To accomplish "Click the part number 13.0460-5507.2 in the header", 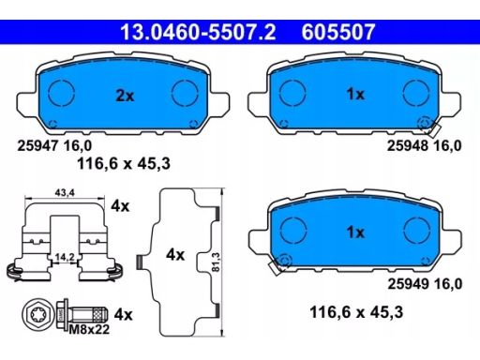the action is coord(198,32).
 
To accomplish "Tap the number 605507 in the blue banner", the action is coord(338,32).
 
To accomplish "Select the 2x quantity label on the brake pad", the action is coord(125,96).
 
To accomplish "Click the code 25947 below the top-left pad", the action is coord(37,145).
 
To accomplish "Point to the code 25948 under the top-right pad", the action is coord(408,145).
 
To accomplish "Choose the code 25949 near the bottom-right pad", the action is coord(408,284).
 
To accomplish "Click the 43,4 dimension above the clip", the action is coord(65,193).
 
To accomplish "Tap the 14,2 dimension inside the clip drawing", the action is coord(65,257).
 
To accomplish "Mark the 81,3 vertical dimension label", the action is coord(216,262).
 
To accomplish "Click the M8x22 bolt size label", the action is coord(89,329).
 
